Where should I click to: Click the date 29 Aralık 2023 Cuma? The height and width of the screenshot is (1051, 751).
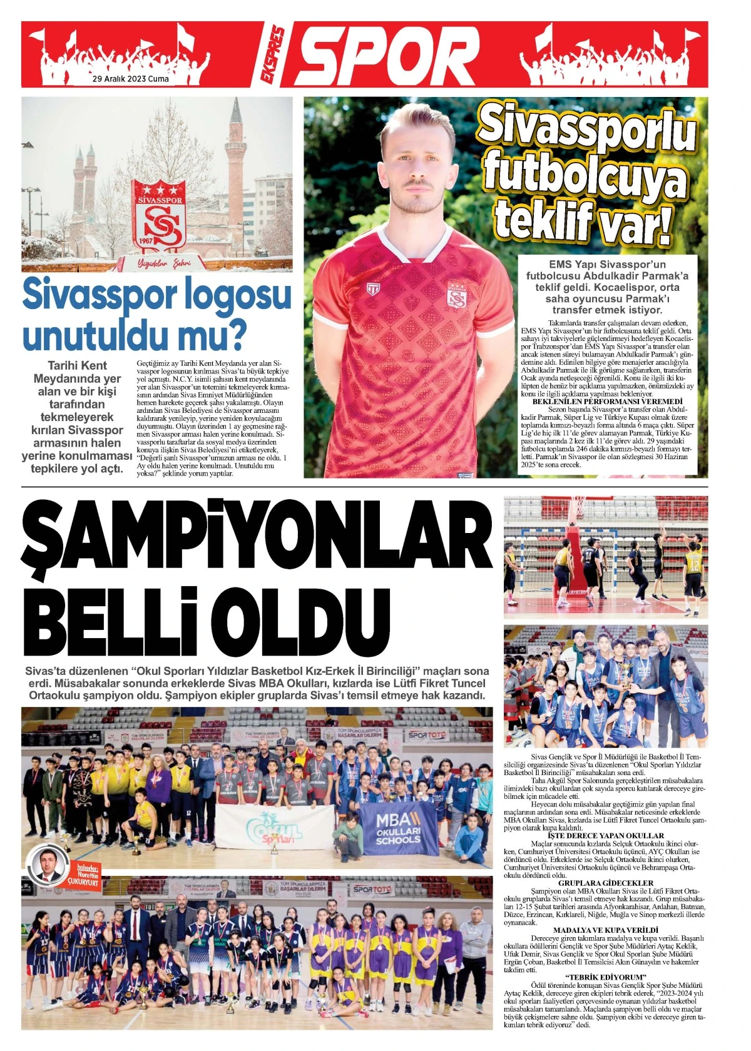(130, 79)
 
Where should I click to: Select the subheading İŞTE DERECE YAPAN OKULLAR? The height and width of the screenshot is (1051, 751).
(605, 835)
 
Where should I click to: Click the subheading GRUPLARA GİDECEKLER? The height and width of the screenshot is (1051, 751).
(605, 883)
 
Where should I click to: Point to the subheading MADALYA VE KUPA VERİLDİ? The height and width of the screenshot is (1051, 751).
(605, 930)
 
